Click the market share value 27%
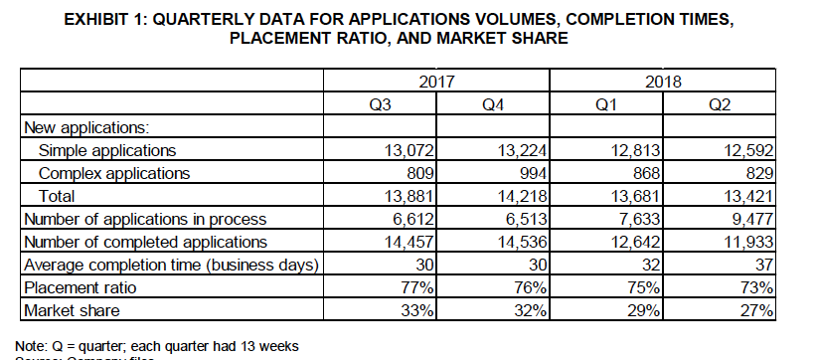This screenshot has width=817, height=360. pyautogui.click(x=755, y=310)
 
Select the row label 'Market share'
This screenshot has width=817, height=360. pyautogui.click(x=71, y=310)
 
